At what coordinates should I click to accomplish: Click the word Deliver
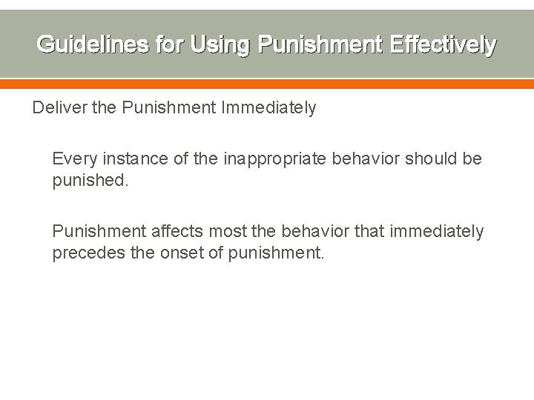coord(56,108)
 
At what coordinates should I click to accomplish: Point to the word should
coord(426,159)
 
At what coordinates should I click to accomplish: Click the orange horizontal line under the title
coord(267,84)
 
